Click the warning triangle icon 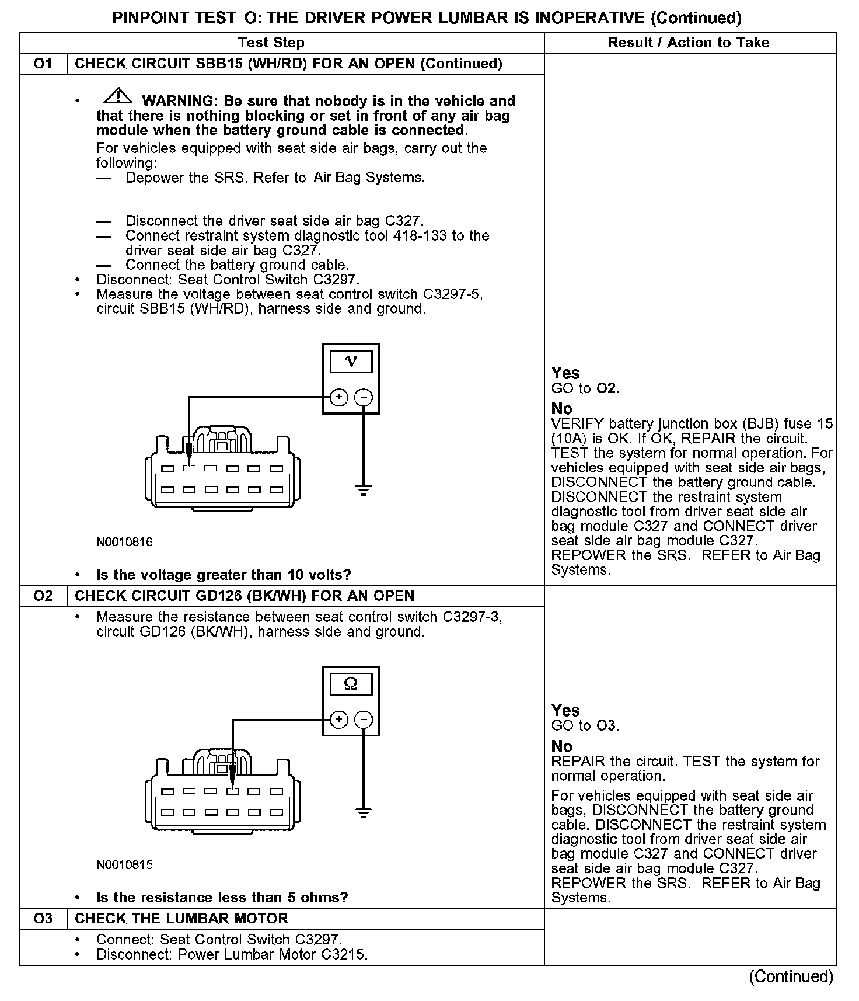(x=118, y=95)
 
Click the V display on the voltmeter (x=351, y=362)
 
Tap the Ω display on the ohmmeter (x=351, y=684)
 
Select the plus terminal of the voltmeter (x=339, y=398)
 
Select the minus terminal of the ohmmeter (x=364, y=720)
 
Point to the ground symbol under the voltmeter (x=364, y=490)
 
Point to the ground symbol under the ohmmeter (x=364, y=812)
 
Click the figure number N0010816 (x=124, y=542)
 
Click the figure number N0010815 (x=124, y=864)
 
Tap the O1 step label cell (x=44, y=64)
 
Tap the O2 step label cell (x=44, y=596)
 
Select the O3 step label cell (x=44, y=918)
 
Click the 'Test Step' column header (x=271, y=43)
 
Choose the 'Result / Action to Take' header (x=689, y=43)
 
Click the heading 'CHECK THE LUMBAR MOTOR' (x=181, y=918)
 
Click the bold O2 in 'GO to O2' (x=606, y=388)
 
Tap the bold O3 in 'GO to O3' (x=606, y=726)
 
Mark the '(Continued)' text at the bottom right (x=791, y=976)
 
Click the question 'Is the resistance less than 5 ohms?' (x=222, y=897)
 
